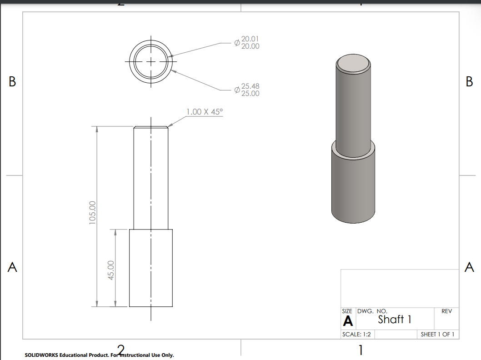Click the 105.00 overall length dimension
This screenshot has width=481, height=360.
(92, 212)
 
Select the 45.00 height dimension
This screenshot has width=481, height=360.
(110, 270)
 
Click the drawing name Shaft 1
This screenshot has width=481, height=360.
(395, 320)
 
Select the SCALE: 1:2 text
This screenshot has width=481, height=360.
(356, 335)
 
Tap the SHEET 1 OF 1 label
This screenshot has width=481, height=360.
(437, 335)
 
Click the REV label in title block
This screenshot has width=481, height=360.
(446, 311)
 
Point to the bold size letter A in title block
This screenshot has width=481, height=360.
(348, 321)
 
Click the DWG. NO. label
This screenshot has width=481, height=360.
(372, 311)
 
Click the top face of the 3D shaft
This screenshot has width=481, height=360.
(353, 63)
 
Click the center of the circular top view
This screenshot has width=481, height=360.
(151, 61)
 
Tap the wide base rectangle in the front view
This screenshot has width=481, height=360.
(151, 268)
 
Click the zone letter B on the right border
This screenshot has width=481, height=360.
(469, 82)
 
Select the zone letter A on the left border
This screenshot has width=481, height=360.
(12, 267)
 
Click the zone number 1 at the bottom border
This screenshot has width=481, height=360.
(361, 350)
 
